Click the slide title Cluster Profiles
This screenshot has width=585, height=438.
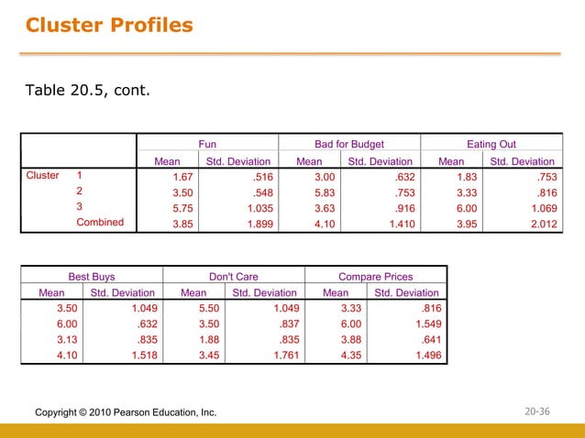(x=109, y=25)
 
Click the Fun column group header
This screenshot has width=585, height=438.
(x=208, y=144)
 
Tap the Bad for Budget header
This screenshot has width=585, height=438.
(x=349, y=144)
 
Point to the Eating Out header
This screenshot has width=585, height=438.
(x=491, y=144)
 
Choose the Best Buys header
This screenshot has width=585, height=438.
(x=92, y=275)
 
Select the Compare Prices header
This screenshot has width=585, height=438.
(x=376, y=275)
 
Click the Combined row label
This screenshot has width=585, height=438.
(x=100, y=222)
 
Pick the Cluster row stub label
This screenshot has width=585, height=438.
(x=41, y=175)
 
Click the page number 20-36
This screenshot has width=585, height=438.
(x=539, y=412)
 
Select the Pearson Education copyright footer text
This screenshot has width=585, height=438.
(x=126, y=413)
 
